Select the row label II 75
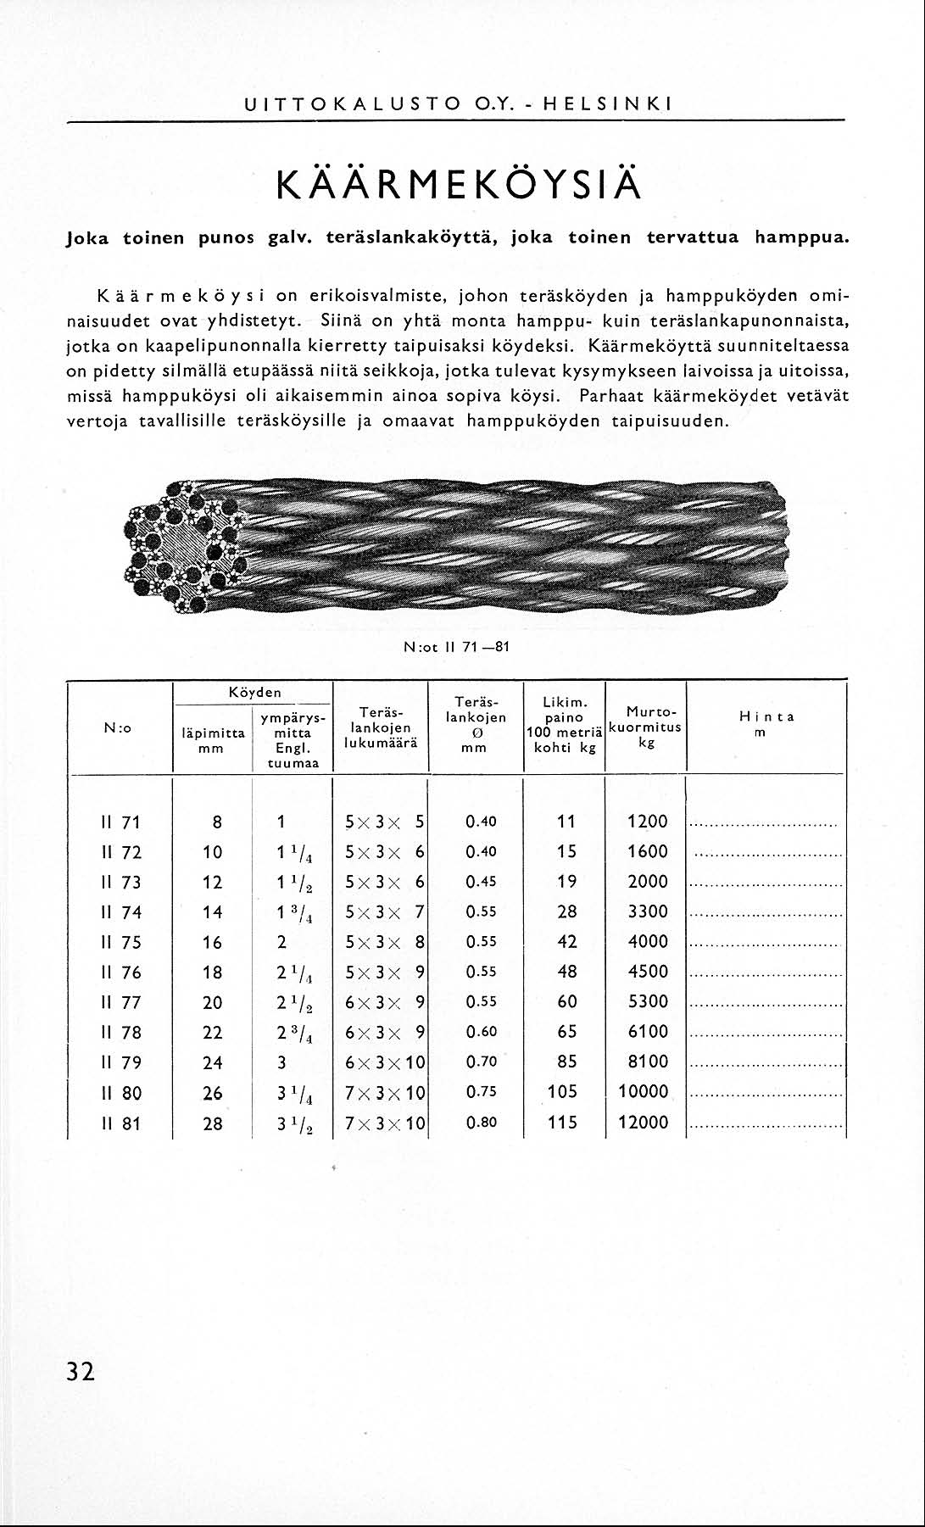click(x=121, y=943)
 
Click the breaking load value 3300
click(x=648, y=912)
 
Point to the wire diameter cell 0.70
click(x=481, y=1062)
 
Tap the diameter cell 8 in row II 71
click(x=217, y=822)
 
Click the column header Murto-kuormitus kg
click(x=646, y=726)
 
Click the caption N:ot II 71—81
click(x=457, y=647)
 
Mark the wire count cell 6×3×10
click(x=385, y=1062)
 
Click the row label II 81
click(x=121, y=1123)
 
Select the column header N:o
click(x=117, y=728)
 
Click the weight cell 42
click(x=567, y=943)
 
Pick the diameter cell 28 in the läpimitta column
click(x=213, y=1123)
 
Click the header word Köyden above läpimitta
click(x=254, y=693)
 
